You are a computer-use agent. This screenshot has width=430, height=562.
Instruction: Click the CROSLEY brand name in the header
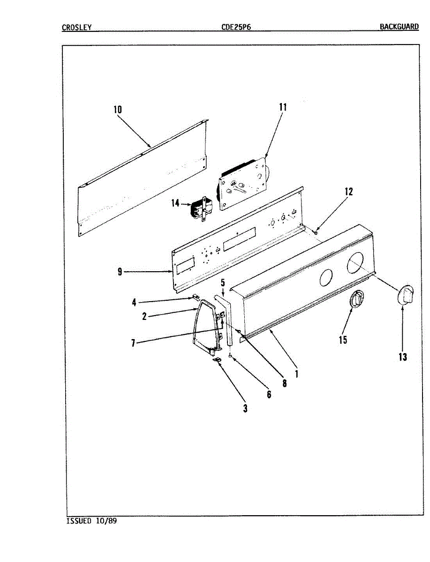pyautogui.click(x=76, y=27)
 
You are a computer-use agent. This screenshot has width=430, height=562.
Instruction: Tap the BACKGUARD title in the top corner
pyautogui.click(x=399, y=27)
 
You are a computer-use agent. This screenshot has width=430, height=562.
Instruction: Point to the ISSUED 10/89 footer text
pyautogui.click(x=91, y=521)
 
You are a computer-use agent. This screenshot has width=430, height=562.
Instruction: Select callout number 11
pyautogui.click(x=282, y=107)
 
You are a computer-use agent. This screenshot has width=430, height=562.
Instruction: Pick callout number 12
pyautogui.click(x=347, y=191)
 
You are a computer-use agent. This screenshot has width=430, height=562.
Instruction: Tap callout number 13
pyautogui.click(x=403, y=357)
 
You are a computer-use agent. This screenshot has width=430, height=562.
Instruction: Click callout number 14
pyautogui.click(x=175, y=204)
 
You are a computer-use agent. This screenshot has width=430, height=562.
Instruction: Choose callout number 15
pyautogui.click(x=343, y=339)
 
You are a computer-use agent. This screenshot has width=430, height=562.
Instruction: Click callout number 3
pyautogui.click(x=245, y=408)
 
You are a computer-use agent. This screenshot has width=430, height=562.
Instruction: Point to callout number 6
pyautogui.click(x=269, y=394)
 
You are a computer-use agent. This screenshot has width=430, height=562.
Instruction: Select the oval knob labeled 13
pyautogui.click(x=406, y=296)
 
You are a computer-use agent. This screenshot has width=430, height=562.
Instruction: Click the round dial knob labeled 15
pyautogui.click(x=357, y=299)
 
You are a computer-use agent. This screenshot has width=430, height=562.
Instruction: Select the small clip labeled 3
pyautogui.click(x=218, y=360)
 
